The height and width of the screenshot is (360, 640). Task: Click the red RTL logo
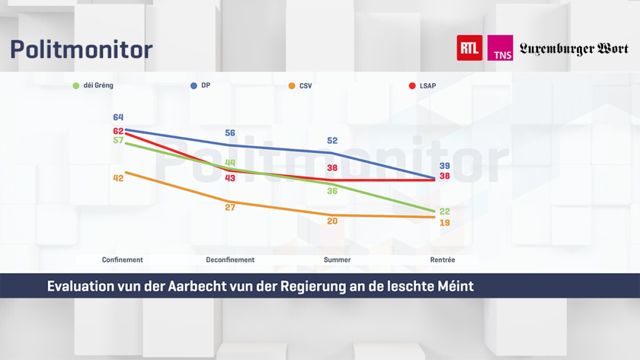pyautogui.click(x=470, y=48)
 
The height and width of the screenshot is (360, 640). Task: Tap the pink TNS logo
pyautogui.click(x=500, y=48)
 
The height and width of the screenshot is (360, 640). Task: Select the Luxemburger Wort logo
pyautogui.click(x=574, y=49)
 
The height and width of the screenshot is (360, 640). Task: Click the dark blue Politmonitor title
pyautogui.click(x=82, y=50)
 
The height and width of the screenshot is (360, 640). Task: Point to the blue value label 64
pyautogui.click(x=118, y=118)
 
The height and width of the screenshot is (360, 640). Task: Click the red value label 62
pyautogui.click(x=118, y=131)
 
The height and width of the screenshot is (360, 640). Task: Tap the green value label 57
pyautogui.click(x=118, y=140)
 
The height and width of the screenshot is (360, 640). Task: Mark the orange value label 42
pyautogui.click(x=118, y=178)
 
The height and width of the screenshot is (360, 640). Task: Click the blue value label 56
pyautogui.click(x=230, y=133)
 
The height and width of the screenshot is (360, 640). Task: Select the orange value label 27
pyautogui.click(x=230, y=207)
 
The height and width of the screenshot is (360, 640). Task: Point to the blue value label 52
pyautogui.click(x=332, y=141)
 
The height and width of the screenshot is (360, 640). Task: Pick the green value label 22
pyautogui.click(x=444, y=212)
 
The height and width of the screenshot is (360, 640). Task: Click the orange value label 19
pyautogui.click(x=444, y=223)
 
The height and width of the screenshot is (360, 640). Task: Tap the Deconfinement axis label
pyautogui.click(x=230, y=260)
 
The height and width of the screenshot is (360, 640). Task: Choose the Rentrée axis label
pyautogui.click(x=442, y=260)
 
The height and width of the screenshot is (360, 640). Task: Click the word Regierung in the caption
pyautogui.click(x=308, y=286)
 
